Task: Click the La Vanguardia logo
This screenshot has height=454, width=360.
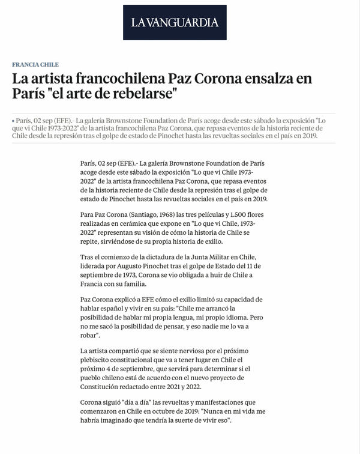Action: pyautogui.click(x=175, y=23)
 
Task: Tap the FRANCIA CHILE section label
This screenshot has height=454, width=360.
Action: pyautogui.click(x=35, y=64)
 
